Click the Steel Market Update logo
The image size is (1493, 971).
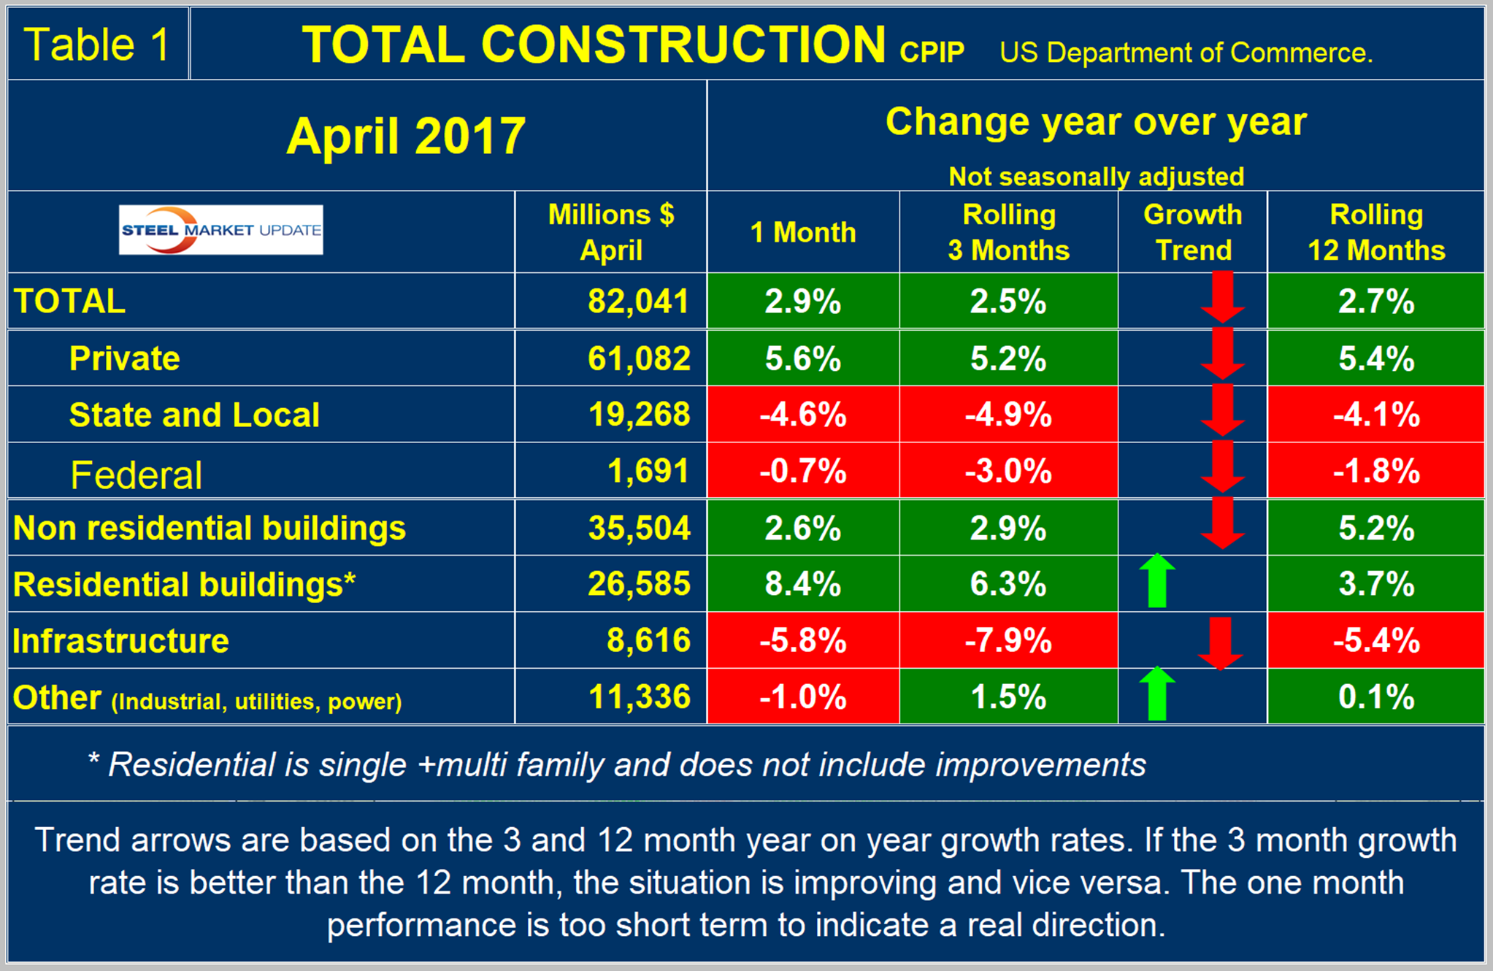tap(220, 230)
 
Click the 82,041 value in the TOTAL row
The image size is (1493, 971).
tap(638, 302)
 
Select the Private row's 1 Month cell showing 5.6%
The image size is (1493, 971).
tap(802, 358)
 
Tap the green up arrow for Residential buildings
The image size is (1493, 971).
tap(1157, 581)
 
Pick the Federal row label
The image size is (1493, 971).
tap(136, 475)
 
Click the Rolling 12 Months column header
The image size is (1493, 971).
tap(1376, 232)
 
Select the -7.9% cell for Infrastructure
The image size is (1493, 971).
tap(1008, 641)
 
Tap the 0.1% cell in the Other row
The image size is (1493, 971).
tap(1376, 697)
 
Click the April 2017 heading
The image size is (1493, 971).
tap(406, 136)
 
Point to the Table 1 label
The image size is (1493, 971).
tap(97, 45)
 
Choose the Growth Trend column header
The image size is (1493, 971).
tap(1193, 232)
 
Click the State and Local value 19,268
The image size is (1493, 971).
tap(639, 415)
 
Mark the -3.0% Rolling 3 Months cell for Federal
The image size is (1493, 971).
tap(1008, 471)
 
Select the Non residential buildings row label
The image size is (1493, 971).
tap(210, 528)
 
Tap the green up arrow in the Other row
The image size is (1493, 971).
tap(1157, 694)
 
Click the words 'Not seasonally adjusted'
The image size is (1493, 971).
tap(1096, 177)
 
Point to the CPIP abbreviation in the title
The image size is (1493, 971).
tap(932, 53)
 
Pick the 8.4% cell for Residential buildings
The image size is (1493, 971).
tap(802, 584)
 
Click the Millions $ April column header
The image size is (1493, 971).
tap(611, 232)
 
